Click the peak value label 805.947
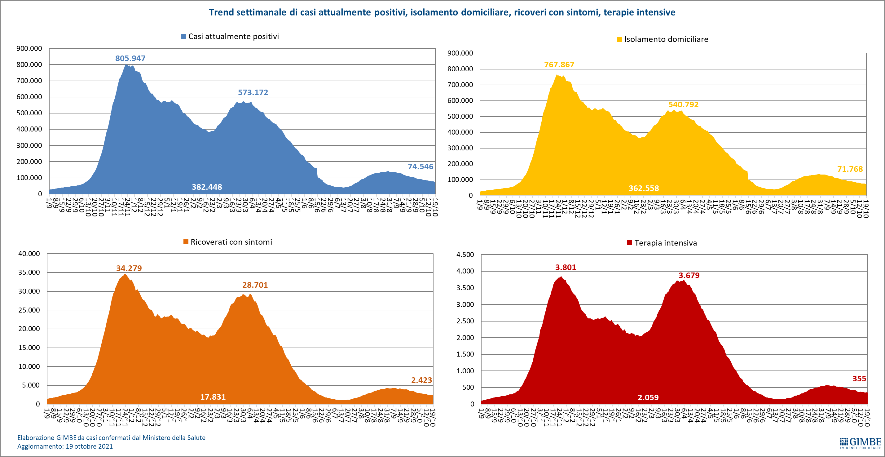click(x=130, y=59)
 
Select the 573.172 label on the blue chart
click(x=253, y=92)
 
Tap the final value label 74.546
click(x=420, y=167)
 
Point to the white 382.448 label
click(x=207, y=187)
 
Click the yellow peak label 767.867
click(x=559, y=65)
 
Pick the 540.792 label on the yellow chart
click(x=683, y=104)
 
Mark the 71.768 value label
click(x=850, y=169)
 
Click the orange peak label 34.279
click(x=129, y=268)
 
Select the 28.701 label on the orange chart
click(x=255, y=285)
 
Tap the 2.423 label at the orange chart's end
click(x=421, y=380)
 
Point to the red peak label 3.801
click(x=566, y=268)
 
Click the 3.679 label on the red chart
click(x=689, y=275)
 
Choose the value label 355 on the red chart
click(x=859, y=379)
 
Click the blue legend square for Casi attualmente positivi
click(x=184, y=37)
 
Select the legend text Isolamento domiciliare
click(x=666, y=39)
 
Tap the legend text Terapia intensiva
click(x=666, y=243)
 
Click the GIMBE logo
click(x=860, y=443)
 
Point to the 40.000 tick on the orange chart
click(x=29, y=254)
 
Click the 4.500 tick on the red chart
click(x=465, y=255)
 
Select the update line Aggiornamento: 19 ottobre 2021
click(x=65, y=446)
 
